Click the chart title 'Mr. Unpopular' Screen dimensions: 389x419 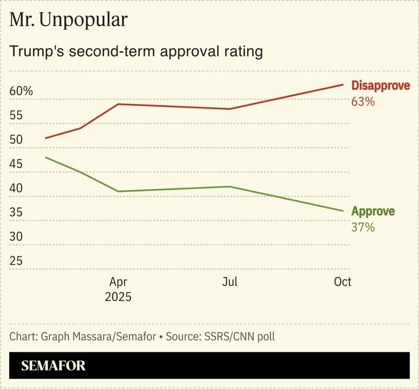click(x=68, y=20)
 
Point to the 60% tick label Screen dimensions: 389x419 click(x=21, y=91)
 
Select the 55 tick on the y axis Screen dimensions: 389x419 click(x=16, y=115)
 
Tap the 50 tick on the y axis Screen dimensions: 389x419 click(x=16, y=140)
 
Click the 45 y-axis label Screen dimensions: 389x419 click(x=16, y=164)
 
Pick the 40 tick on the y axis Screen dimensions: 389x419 click(x=16, y=188)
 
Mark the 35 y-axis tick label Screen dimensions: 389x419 click(x=16, y=212)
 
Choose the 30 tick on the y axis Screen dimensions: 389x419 click(x=16, y=237)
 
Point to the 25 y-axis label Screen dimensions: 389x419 click(x=16, y=261)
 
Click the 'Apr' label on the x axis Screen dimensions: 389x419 click(x=118, y=282)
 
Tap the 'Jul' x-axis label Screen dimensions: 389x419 click(x=230, y=282)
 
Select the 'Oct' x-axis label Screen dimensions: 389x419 click(x=343, y=282)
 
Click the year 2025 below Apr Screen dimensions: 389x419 click(x=118, y=297)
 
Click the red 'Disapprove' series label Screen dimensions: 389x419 click(x=380, y=86)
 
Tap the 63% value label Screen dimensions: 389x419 click(x=363, y=102)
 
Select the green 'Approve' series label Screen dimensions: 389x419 click(x=373, y=211)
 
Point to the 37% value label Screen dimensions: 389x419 click(x=363, y=227)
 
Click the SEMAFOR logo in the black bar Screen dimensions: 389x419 click(x=53, y=365)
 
